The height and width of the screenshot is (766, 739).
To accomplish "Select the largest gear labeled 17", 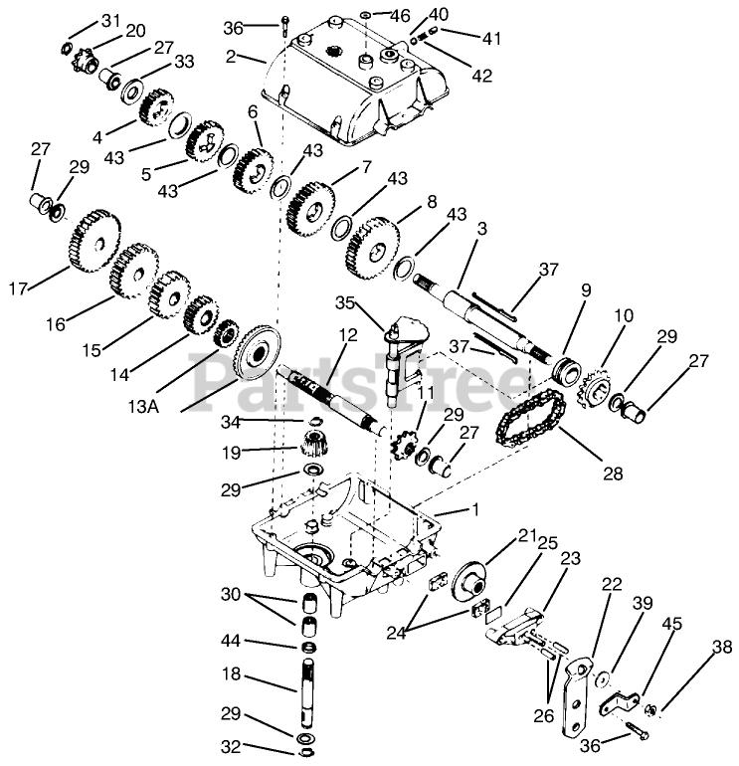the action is pos(91,242).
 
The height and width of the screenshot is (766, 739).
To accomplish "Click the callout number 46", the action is pos(399,15).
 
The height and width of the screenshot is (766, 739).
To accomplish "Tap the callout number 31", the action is pos(109,21).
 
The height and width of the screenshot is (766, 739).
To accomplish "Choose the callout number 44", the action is pos(230,642).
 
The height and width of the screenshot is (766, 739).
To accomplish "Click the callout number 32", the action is pos(230,746).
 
